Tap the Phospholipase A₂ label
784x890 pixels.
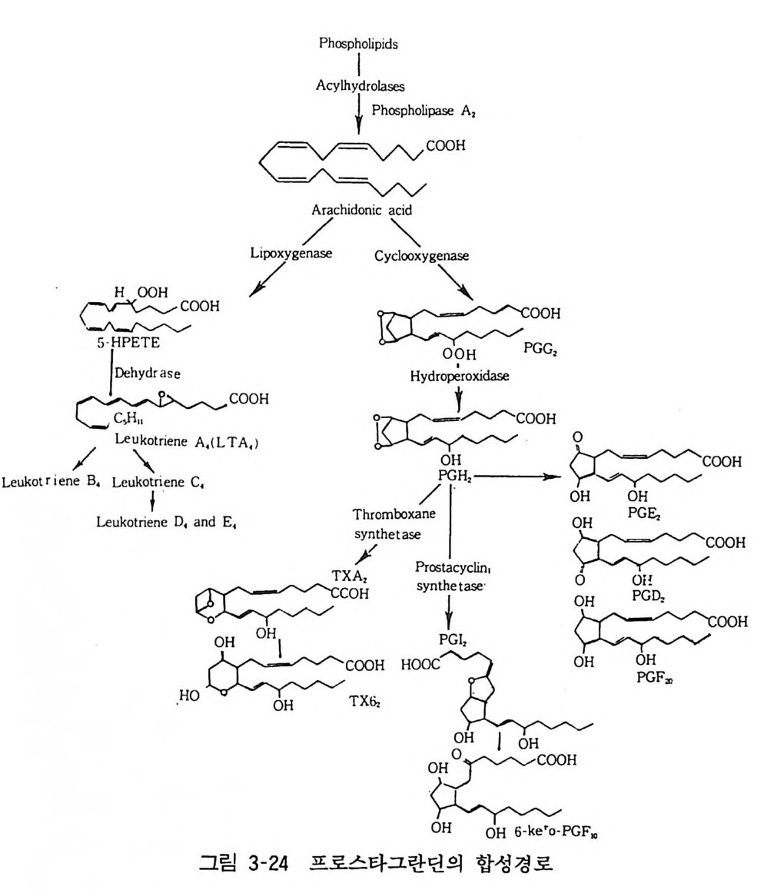click(x=420, y=111)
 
